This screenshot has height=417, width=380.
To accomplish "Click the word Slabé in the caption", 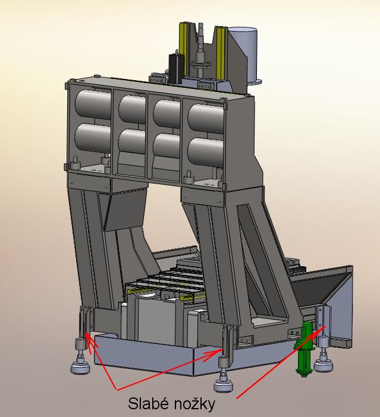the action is (x=148, y=404).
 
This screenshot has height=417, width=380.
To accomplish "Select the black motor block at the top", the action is (x=176, y=67).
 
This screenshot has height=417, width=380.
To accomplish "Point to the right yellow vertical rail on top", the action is (x=221, y=53).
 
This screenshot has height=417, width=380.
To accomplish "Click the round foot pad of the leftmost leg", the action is (x=80, y=368).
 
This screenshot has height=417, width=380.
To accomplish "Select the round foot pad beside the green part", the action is (x=323, y=365).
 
